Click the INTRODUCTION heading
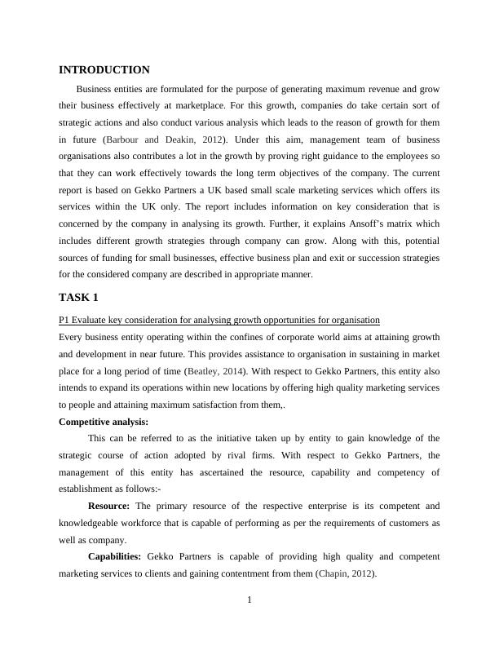104,70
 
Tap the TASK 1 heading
78,297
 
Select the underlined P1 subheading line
219,319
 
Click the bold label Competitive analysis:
104,422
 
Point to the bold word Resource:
110,507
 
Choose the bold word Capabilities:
115,557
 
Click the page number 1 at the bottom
249,601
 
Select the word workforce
154,524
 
